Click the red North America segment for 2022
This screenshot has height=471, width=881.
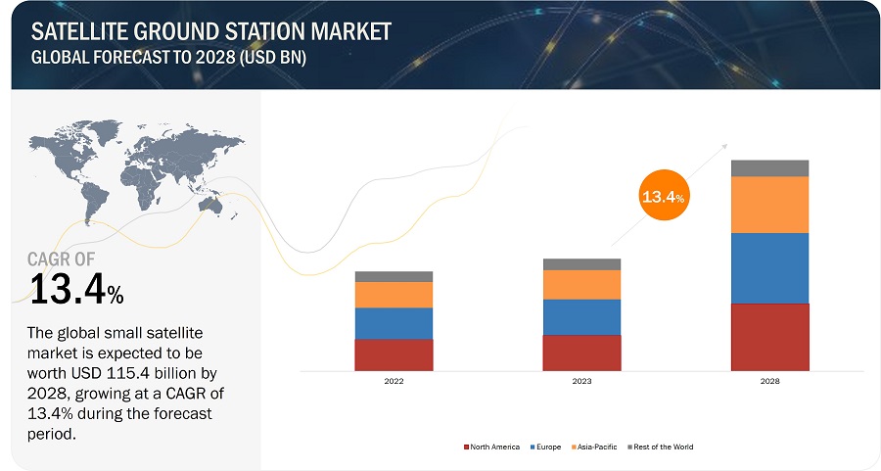(x=394, y=355)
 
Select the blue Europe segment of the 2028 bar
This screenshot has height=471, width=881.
(x=769, y=268)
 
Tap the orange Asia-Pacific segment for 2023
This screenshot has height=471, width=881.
(x=581, y=284)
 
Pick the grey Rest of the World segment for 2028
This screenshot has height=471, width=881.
(x=769, y=168)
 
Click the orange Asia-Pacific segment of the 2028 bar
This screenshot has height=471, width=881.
(x=769, y=205)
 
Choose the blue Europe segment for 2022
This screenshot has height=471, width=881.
(x=394, y=323)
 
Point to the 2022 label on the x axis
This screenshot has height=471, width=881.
(x=394, y=381)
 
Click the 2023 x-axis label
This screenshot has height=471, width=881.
(x=581, y=381)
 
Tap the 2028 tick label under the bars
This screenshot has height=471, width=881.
(x=769, y=381)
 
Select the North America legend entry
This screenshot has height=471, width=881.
(x=493, y=447)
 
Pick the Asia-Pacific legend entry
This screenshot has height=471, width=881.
(x=593, y=447)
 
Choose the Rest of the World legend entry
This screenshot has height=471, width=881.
(x=663, y=447)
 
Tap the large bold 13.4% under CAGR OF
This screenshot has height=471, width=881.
(x=76, y=290)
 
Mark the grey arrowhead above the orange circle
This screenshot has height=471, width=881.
(x=724, y=145)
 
